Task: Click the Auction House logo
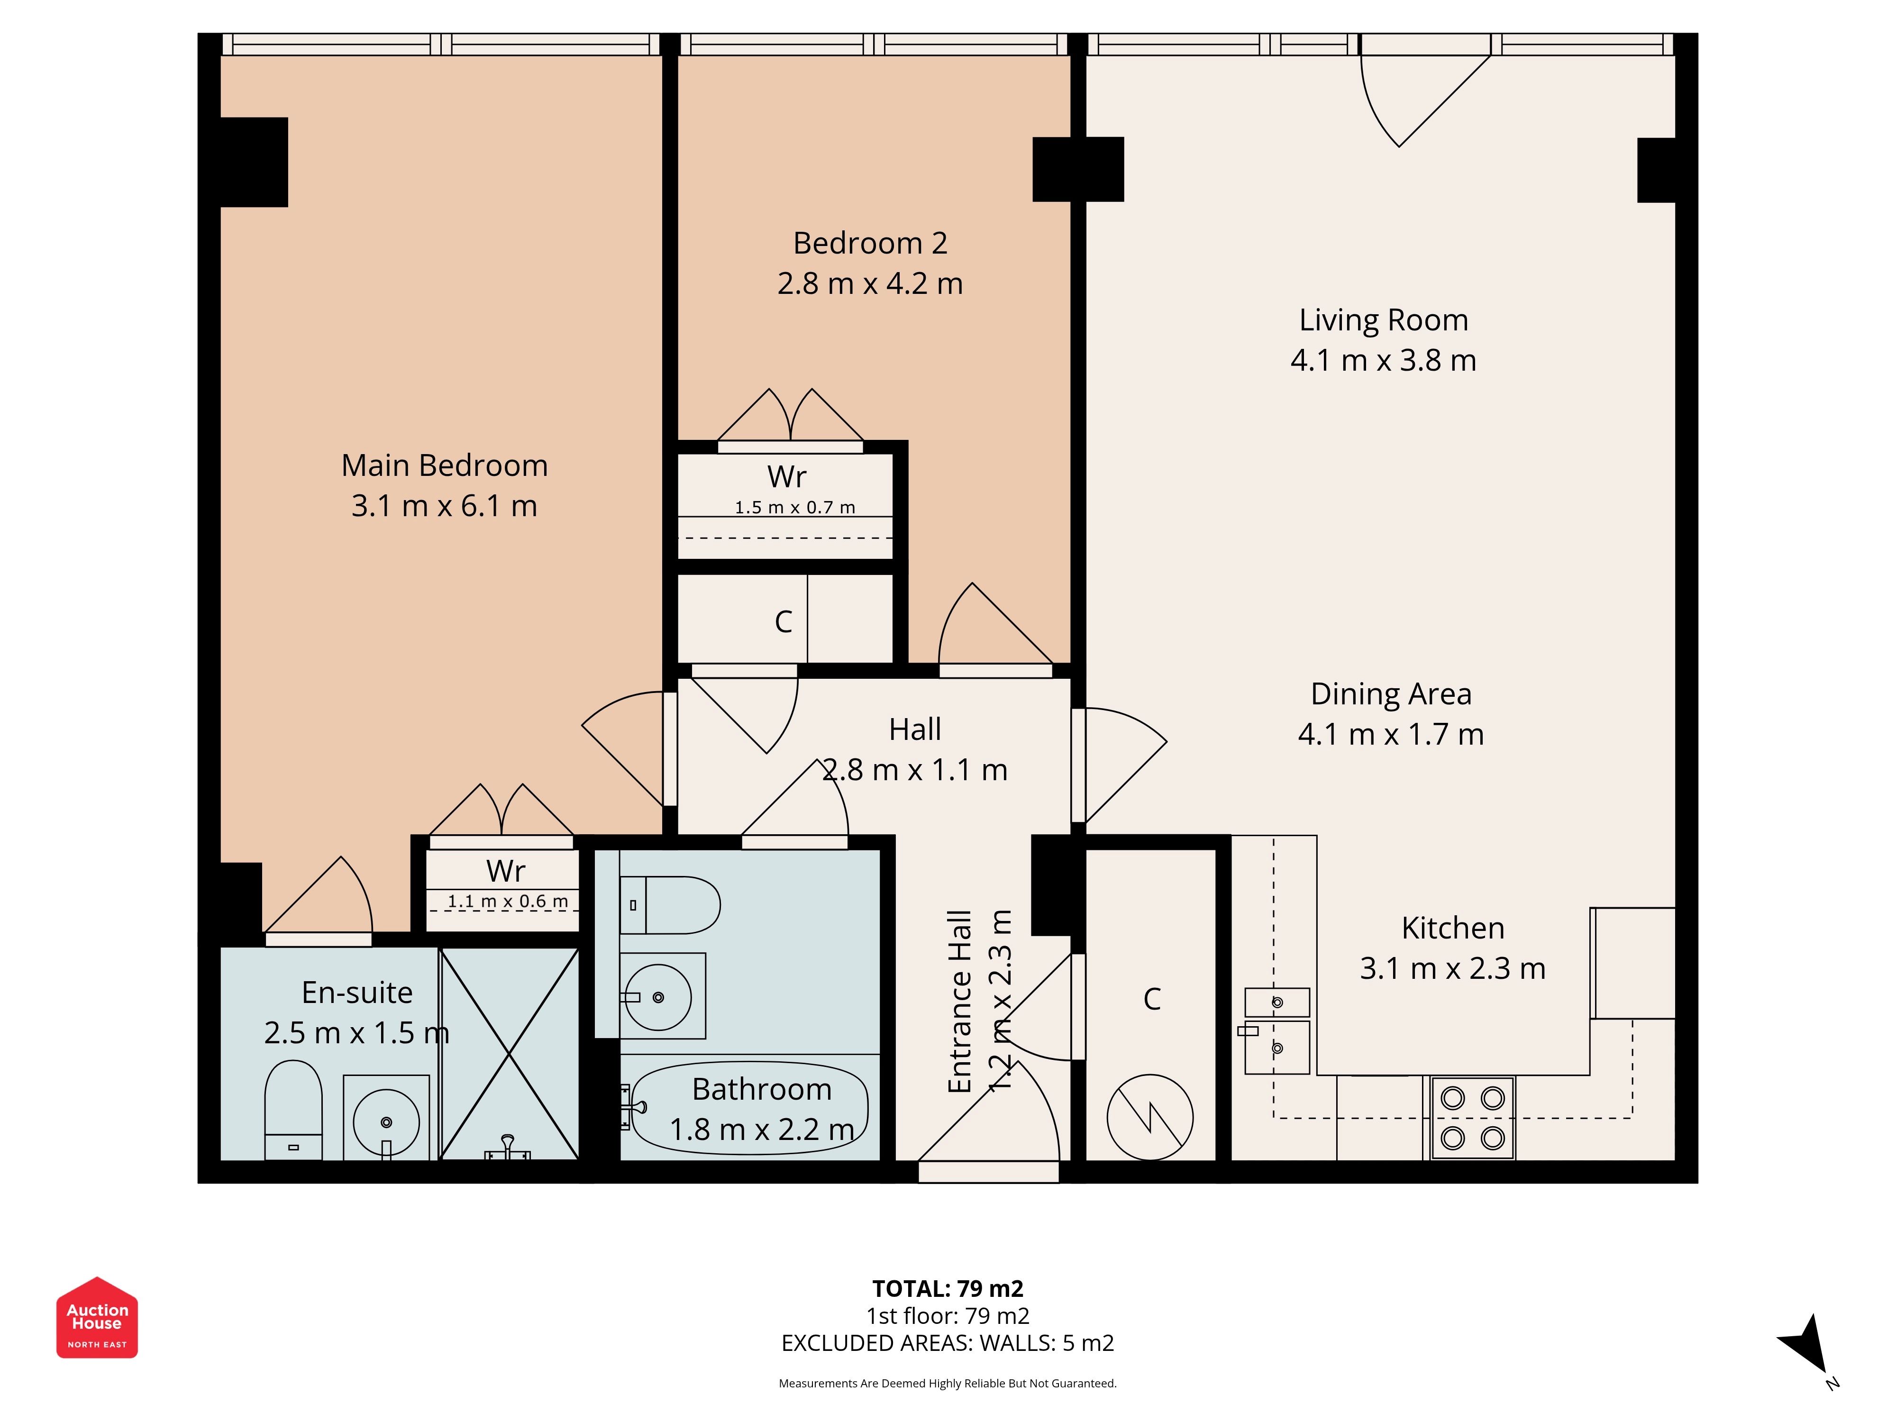click(97, 1317)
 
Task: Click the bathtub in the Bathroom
click(750, 1108)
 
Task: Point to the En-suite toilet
click(293, 1110)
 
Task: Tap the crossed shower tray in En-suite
click(509, 1053)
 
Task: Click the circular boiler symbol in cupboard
click(1150, 1118)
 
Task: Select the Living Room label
click(1384, 320)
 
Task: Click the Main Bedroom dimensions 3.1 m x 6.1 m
click(444, 506)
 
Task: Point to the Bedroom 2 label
click(870, 244)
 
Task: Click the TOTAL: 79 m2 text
click(948, 1288)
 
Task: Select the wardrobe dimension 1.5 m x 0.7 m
click(794, 508)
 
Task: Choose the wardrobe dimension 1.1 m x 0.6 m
click(508, 902)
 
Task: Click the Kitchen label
click(1453, 928)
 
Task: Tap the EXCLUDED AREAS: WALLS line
click(948, 1343)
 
